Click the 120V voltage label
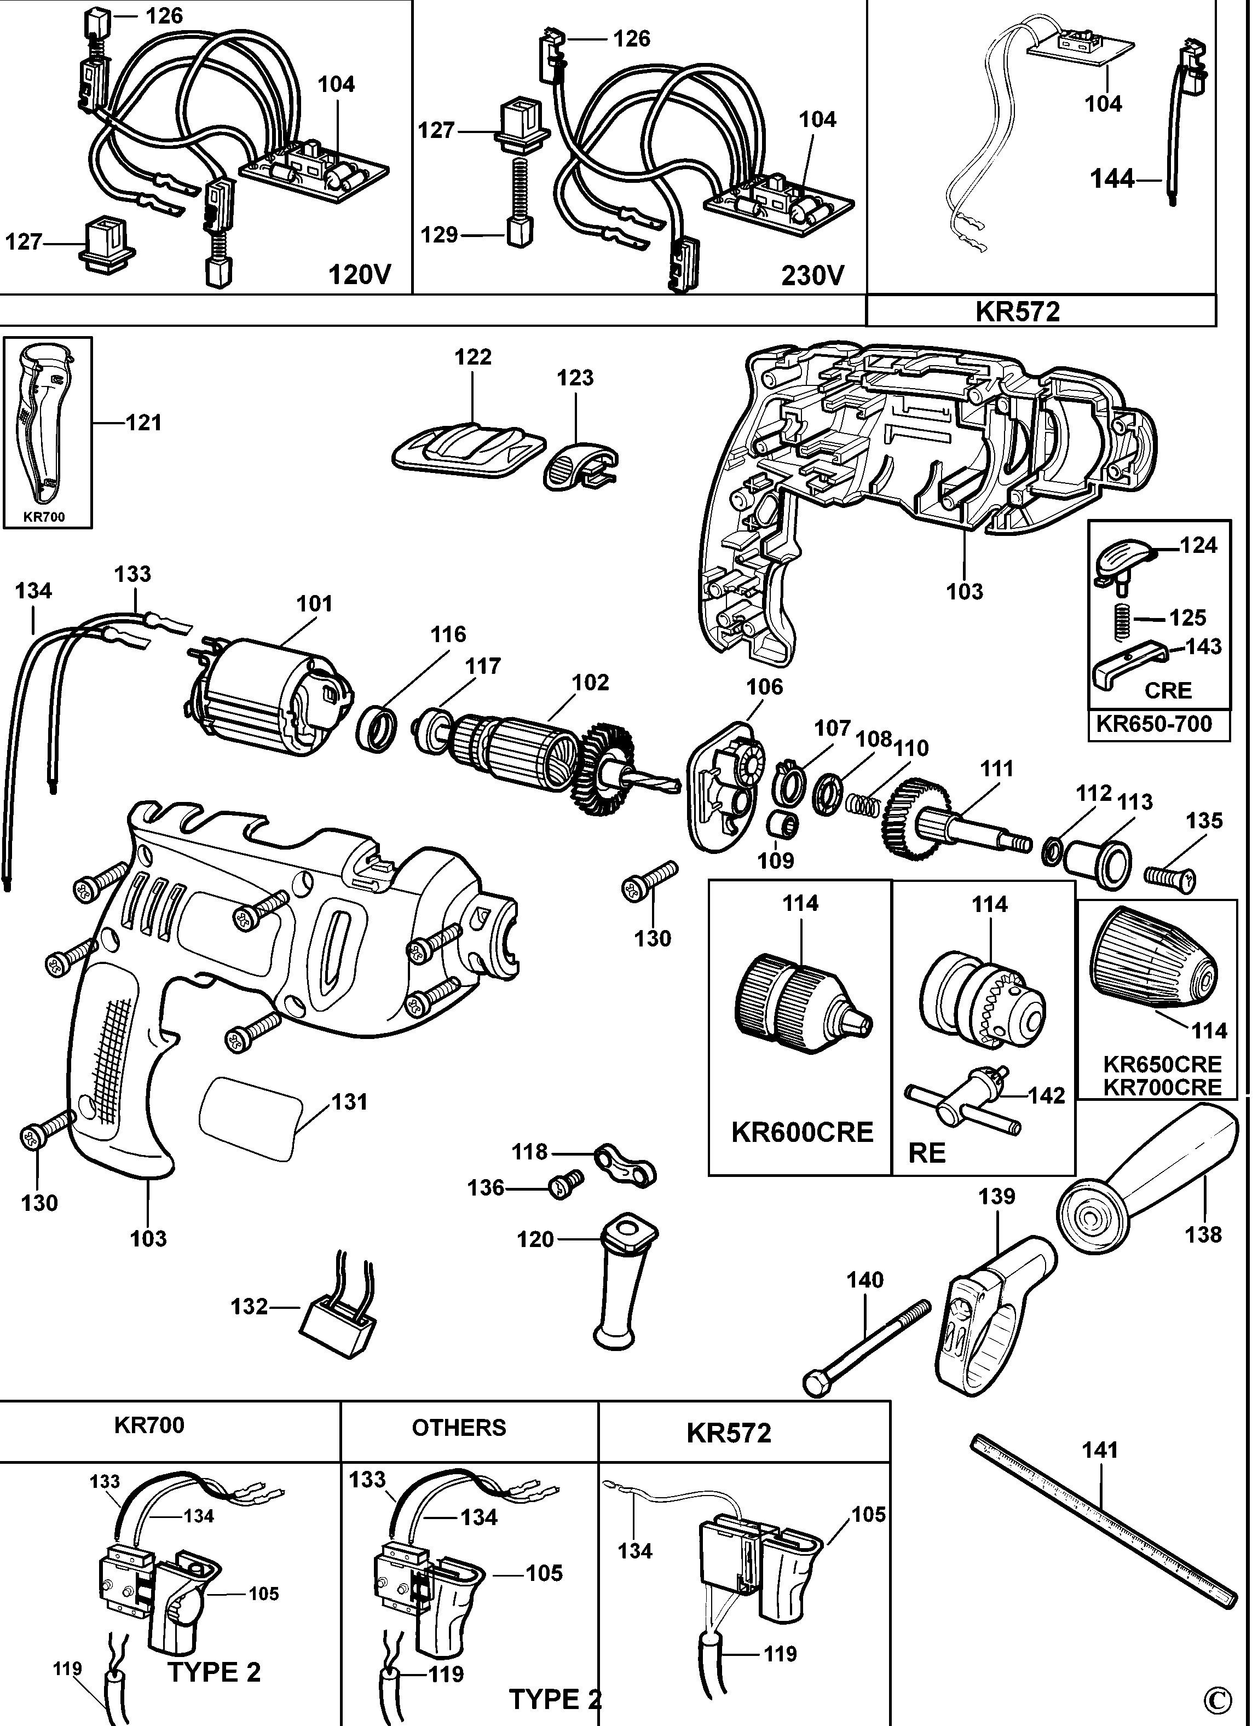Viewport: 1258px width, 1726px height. [360, 274]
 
